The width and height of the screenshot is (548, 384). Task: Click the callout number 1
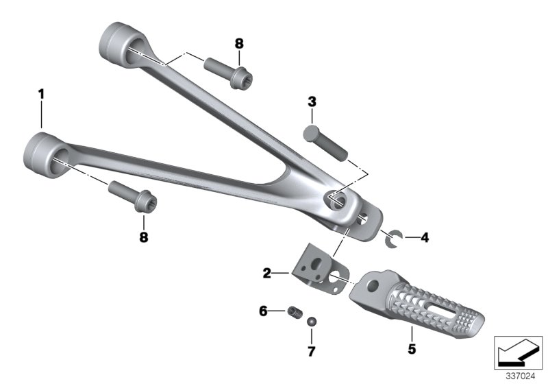(x=42, y=94)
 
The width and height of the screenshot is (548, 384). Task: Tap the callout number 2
(x=267, y=273)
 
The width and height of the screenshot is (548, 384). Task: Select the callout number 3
(x=312, y=101)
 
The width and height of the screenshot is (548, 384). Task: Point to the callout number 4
(x=425, y=238)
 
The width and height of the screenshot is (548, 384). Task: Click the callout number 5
(x=412, y=348)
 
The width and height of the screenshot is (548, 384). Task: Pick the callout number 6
(x=263, y=311)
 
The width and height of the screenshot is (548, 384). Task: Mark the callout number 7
(x=312, y=351)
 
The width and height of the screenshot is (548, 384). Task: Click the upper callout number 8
(x=239, y=44)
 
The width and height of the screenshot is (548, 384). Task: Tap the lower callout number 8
(x=144, y=237)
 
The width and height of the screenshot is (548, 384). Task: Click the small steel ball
(x=312, y=322)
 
